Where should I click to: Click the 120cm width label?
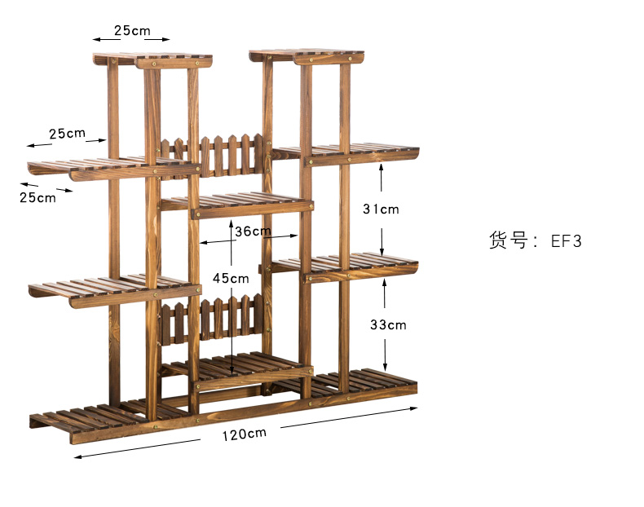pyautogui.click(x=244, y=434)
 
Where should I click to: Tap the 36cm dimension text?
pyautogui.click(x=253, y=231)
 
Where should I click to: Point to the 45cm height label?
pyautogui.click(x=231, y=278)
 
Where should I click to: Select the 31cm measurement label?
pyautogui.click(x=381, y=209)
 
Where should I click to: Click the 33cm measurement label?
pyautogui.click(x=387, y=324)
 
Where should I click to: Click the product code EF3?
pyautogui.click(x=566, y=240)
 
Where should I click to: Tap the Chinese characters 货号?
pyautogui.click(x=508, y=240)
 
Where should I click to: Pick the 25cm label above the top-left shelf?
pyautogui.click(x=132, y=31)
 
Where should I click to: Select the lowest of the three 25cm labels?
pyautogui.click(x=37, y=197)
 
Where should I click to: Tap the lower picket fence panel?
pyautogui.click(x=214, y=320)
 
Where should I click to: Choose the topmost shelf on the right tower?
pyautogui.click(x=308, y=56)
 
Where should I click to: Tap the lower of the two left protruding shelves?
pyautogui.click(x=114, y=290)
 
